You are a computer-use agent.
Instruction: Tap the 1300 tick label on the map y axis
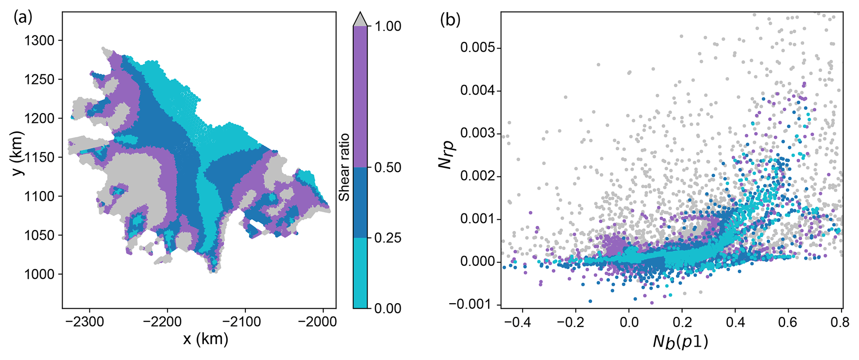39,41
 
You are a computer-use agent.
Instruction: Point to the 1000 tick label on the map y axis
39,274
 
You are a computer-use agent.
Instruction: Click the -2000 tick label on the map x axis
323,321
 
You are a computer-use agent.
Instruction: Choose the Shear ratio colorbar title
344,167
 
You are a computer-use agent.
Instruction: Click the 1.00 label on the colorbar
388,27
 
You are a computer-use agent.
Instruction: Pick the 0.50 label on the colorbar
388,168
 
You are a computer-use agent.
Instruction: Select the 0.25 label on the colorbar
388,238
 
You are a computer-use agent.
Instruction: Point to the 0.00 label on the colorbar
388,309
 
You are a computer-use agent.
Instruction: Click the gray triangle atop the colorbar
360,20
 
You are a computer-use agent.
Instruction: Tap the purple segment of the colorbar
360,97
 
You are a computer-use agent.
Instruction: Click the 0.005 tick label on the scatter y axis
478,48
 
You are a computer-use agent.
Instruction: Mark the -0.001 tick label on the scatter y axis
473,304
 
